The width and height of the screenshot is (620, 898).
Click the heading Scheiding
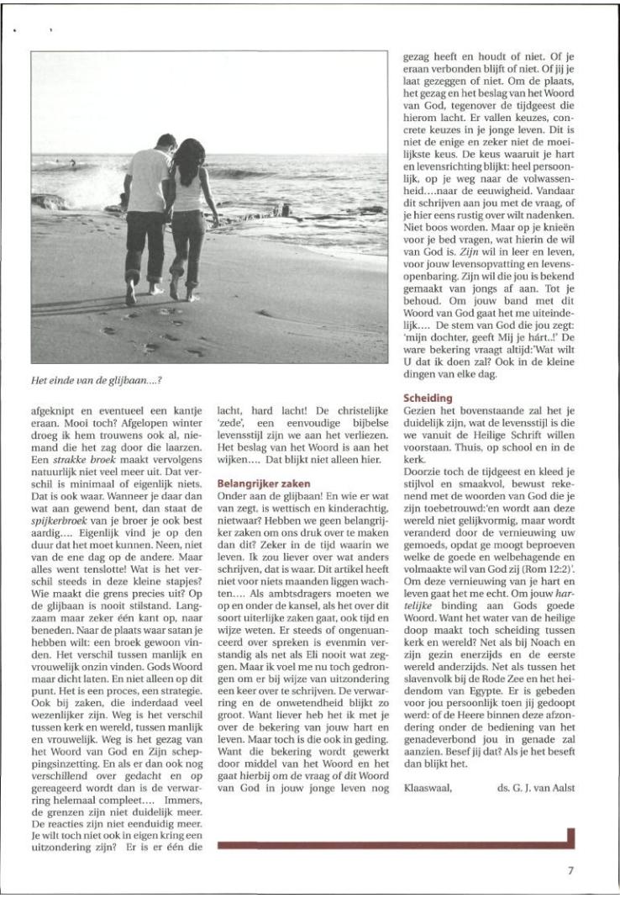coord(428,397)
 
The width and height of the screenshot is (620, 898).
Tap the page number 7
coord(570,871)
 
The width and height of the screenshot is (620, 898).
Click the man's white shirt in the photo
coord(149,180)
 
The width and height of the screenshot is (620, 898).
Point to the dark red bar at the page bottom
coord(395,843)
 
